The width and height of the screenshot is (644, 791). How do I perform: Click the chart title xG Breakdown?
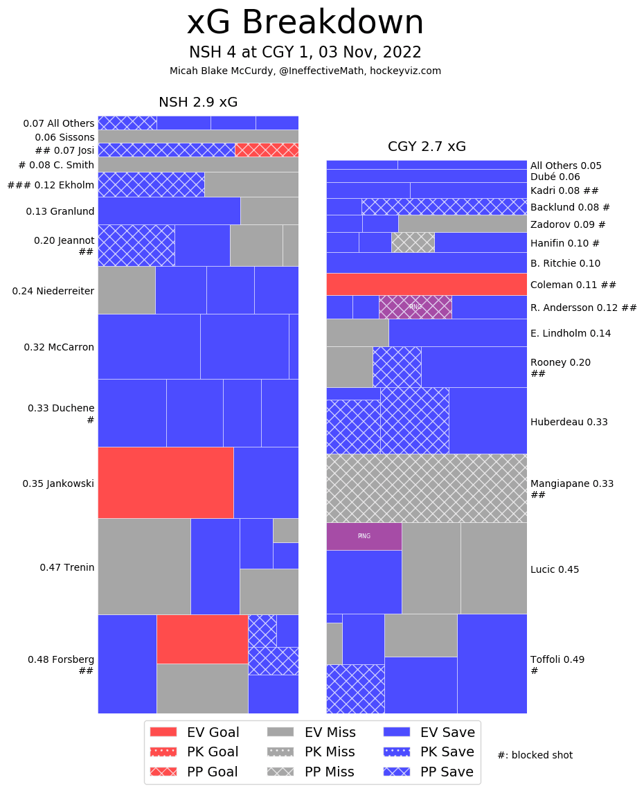[305, 24]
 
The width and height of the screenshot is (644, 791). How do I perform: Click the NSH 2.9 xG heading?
[198, 103]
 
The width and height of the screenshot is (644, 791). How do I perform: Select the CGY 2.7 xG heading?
[427, 147]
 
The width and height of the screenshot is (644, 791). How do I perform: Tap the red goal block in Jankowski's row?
[166, 483]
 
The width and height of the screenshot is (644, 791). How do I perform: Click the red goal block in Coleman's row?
[427, 284]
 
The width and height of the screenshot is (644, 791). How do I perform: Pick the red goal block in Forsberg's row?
[202, 639]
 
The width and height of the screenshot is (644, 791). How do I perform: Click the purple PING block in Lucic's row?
[364, 536]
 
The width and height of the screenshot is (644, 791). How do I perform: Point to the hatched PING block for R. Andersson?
[415, 307]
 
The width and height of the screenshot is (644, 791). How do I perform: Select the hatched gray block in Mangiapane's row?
[427, 488]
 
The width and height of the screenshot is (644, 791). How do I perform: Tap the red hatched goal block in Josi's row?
[267, 150]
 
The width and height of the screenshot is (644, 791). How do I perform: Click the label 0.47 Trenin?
[67, 567]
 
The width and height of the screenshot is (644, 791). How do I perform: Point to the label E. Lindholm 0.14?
[571, 333]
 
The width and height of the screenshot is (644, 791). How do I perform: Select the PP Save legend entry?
[430, 772]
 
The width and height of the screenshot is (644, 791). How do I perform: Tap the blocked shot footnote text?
[535, 755]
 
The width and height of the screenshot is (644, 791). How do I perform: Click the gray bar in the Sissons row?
[198, 136]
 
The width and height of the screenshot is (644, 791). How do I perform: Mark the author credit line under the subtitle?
[305, 71]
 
